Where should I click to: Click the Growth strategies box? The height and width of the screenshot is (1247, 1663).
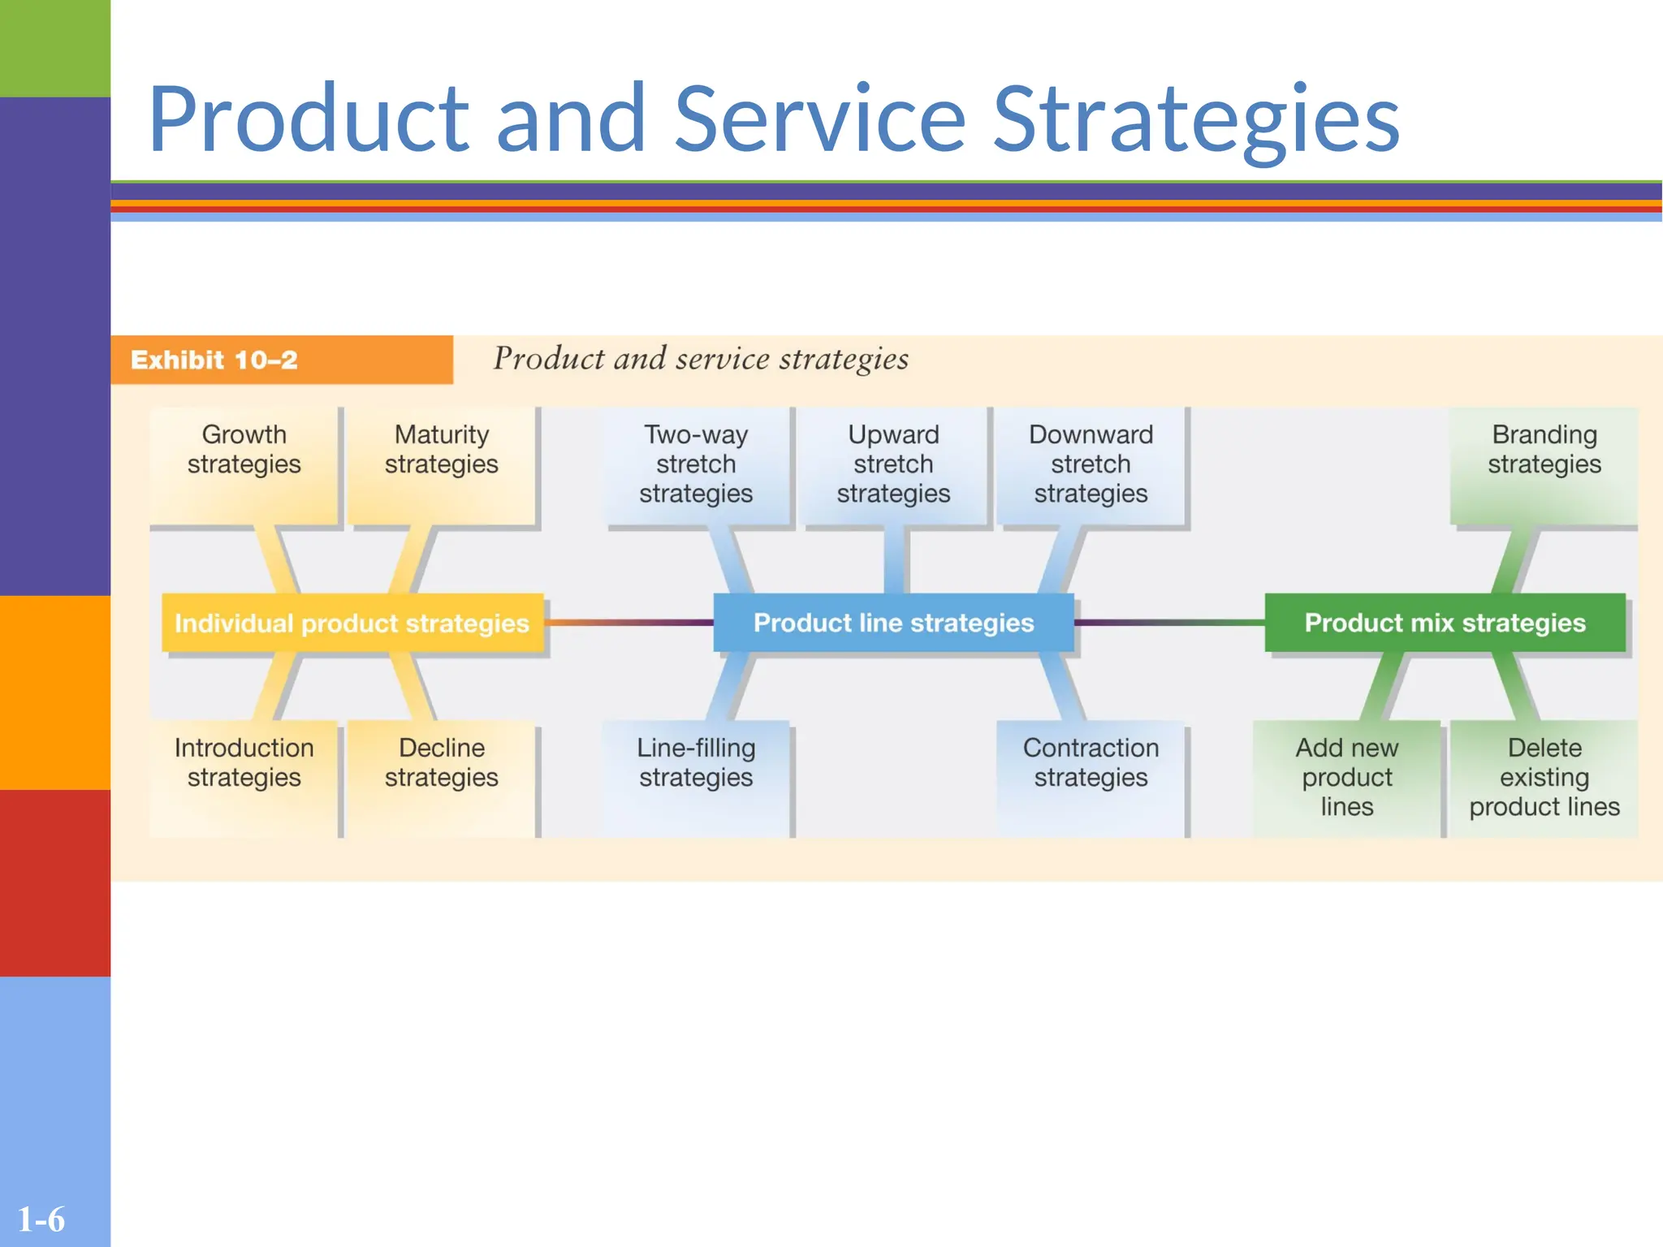pos(244,464)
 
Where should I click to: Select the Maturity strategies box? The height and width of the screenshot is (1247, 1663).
pos(441,464)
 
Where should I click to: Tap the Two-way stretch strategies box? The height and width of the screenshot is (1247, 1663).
pos(696,464)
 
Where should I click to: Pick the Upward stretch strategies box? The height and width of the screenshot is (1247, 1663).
pos(893,464)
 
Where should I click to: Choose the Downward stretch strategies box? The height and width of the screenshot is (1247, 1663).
pos(1091,464)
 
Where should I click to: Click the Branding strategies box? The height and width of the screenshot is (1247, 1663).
pos(1544,464)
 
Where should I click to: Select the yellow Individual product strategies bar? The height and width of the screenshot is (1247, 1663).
pos(352,623)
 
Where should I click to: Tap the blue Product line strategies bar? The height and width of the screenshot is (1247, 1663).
pos(893,623)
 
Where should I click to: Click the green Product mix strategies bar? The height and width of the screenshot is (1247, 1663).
pos(1445,623)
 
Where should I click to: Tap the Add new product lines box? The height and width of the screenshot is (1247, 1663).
pos(1346,777)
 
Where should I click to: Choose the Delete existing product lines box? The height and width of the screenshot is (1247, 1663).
pos(1544,777)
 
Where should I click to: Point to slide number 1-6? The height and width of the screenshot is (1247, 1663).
pos(41,1219)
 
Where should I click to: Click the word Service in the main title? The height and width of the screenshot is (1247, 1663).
pos(819,119)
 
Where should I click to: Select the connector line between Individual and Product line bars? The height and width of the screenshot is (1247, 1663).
pos(628,623)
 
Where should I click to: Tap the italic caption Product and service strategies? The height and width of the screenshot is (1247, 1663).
pos(701,359)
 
